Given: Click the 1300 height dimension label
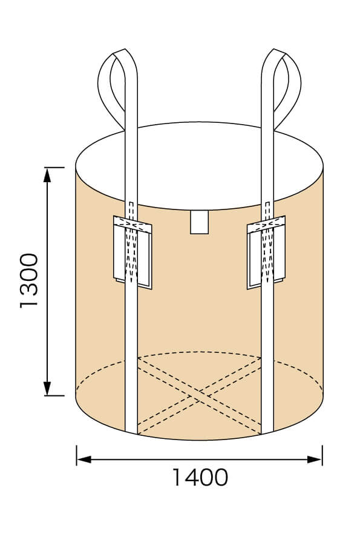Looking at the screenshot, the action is point(28,281).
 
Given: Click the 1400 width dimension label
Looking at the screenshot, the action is point(200,478).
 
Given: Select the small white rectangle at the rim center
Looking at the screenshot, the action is point(200,222).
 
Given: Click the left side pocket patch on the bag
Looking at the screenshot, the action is point(133,252).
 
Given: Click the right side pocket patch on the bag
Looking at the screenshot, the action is point(266,252).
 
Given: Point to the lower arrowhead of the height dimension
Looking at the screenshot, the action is point(47,388).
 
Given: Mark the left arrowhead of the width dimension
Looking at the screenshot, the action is point(84,459).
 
